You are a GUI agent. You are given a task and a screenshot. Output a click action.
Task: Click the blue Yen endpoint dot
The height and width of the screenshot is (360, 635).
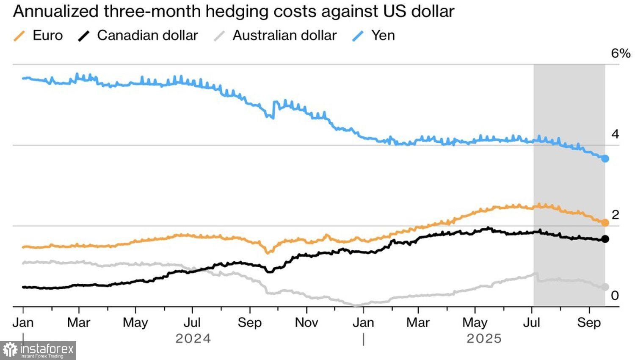tap(605, 158)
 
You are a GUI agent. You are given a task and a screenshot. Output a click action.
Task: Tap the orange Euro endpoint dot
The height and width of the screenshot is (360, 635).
tap(605, 222)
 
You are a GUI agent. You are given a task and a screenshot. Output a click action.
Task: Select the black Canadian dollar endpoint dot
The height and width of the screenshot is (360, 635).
tap(605, 239)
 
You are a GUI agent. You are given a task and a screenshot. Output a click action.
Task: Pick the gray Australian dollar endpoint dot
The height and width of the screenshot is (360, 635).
tap(605, 287)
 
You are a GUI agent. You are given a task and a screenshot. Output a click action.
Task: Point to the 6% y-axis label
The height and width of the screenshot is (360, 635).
tap(620, 53)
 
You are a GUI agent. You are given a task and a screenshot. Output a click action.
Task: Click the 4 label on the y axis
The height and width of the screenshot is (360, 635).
tap(615, 134)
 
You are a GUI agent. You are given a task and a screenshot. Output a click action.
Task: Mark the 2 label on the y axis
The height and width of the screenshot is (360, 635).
tap(615, 215)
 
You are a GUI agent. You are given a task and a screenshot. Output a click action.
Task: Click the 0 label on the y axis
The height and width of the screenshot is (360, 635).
tap(615, 295)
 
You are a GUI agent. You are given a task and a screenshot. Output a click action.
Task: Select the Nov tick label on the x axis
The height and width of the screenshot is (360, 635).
tap(306, 323)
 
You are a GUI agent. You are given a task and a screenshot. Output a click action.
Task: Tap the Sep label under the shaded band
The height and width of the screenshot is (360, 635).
tap(589, 323)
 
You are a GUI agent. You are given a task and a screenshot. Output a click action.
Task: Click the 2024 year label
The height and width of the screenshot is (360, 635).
tap(193, 339)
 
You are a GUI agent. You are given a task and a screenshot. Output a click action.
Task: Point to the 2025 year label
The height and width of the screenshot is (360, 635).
tap(484, 339)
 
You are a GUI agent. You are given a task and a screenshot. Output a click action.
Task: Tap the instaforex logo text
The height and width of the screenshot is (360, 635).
tap(47, 349)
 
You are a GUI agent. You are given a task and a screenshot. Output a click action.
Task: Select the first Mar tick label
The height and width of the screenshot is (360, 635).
tap(79, 323)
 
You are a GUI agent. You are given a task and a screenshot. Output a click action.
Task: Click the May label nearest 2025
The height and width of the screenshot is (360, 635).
tap(475, 323)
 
